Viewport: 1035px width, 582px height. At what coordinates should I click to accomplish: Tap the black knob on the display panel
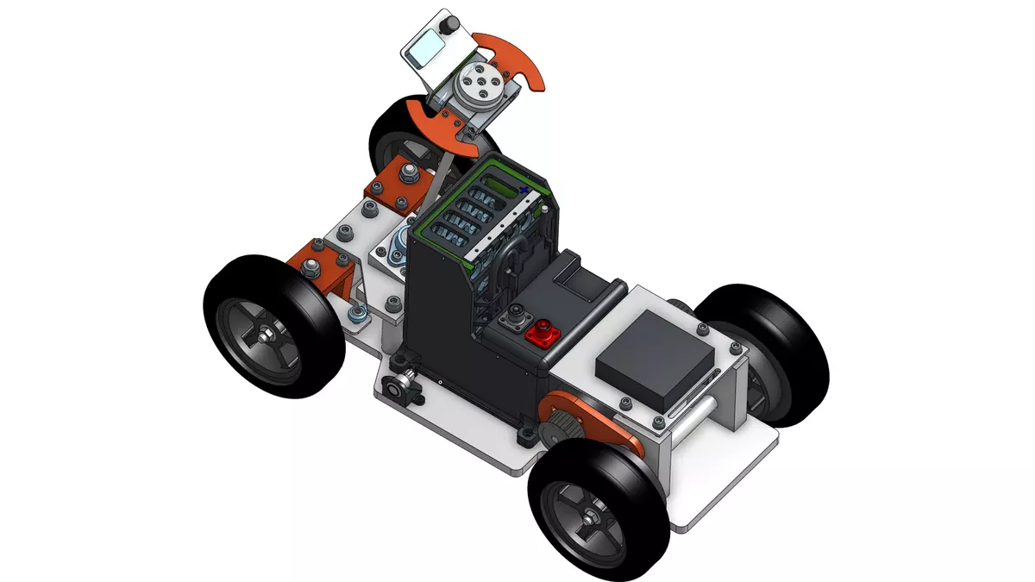click(x=449, y=29)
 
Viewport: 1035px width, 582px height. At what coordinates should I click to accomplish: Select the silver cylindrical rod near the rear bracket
click(x=700, y=422)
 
